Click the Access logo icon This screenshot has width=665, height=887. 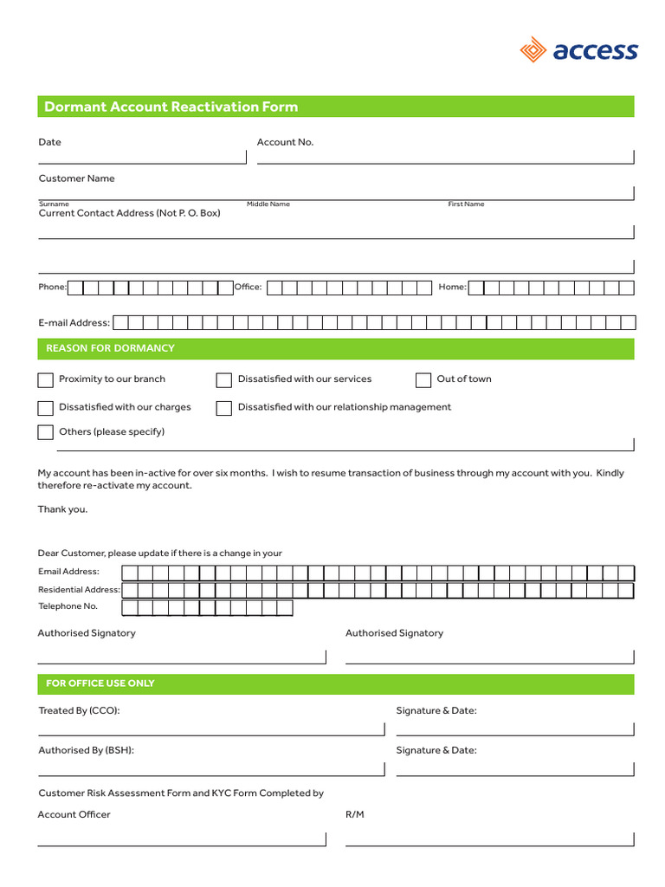(533, 50)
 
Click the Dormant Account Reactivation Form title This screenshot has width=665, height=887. (171, 107)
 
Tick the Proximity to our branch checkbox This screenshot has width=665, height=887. (45, 380)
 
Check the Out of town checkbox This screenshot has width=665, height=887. (423, 380)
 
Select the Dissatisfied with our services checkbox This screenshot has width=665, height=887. (223, 380)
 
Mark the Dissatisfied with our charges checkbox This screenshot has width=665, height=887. (45, 408)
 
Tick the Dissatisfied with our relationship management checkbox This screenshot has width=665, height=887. (223, 408)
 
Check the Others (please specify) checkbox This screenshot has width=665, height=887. (45, 432)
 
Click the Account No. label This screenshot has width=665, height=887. (285, 142)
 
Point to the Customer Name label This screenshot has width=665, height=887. (76, 178)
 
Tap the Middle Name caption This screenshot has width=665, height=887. (268, 204)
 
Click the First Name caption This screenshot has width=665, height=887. (466, 204)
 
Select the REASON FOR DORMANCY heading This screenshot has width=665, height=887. (110, 348)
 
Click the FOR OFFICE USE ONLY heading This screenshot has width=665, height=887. (100, 683)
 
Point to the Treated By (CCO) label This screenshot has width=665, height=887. (79, 710)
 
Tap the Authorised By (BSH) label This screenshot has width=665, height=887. (86, 750)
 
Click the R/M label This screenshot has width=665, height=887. (355, 814)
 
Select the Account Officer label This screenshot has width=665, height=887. (74, 814)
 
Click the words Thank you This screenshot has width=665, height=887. (62, 509)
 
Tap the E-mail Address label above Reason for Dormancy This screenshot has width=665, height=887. (74, 322)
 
